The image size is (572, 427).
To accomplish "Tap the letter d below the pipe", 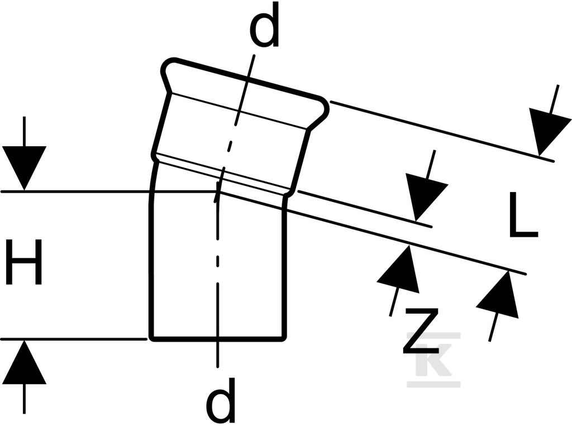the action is point(220,400).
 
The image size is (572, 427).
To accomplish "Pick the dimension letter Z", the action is point(420,331).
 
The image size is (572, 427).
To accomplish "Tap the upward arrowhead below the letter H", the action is point(25,362).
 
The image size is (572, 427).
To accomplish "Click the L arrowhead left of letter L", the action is point(425,198).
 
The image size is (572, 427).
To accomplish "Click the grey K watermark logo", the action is point(433,359).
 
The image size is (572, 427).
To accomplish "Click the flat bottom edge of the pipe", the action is point(217,339).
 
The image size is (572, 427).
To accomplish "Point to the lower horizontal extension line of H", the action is point(73,339).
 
